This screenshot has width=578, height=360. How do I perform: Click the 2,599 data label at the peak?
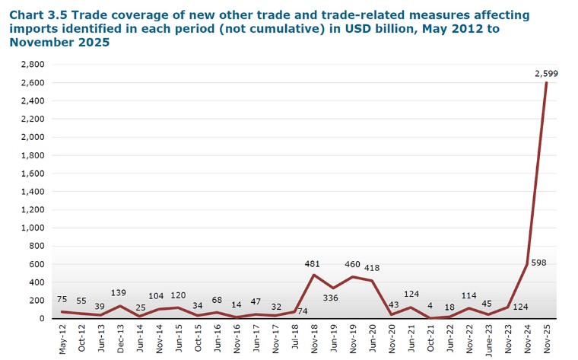pyautogui.click(x=546, y=73)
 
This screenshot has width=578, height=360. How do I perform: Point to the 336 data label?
pyautogui.click(x=332, y=298)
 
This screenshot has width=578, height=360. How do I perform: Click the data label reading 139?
pyautogui.click(x=118, y=292)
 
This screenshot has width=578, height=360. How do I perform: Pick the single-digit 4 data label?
pyautogui.click(x=430, y=305)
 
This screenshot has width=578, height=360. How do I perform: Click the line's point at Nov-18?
pyautogui.click(x=314, y=275)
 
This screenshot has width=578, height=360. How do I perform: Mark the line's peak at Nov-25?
pyautogui.click(x=546, y=83)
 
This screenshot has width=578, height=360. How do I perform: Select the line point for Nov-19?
pyautogui.click(x=353, y=277)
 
